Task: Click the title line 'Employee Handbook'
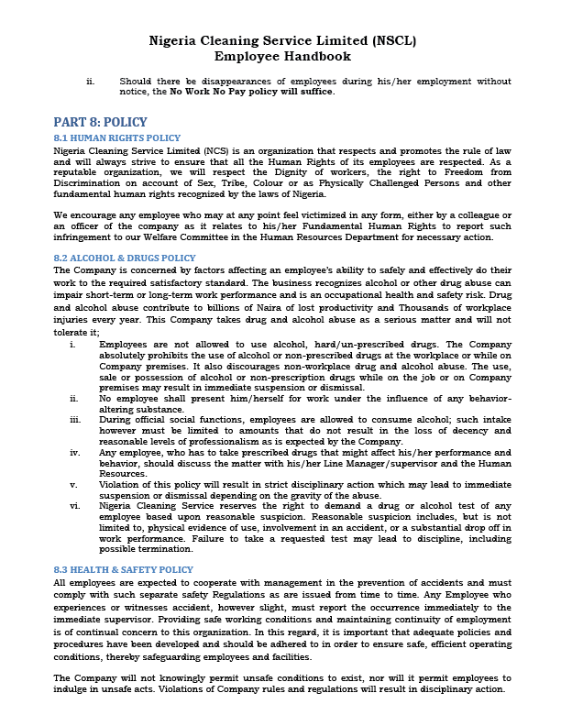280,57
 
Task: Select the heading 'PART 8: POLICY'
100,122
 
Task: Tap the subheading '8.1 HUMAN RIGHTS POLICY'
117,137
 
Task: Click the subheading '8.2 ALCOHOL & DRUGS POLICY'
125,258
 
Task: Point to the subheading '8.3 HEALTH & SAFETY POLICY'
125,570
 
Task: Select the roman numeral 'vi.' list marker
74,504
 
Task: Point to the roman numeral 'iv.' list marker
74,453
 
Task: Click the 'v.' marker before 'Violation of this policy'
73,483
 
